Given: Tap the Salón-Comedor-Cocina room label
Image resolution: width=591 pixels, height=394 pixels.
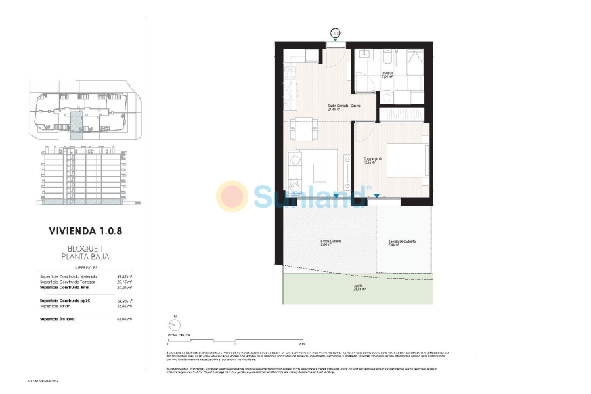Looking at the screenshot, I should [344, 107].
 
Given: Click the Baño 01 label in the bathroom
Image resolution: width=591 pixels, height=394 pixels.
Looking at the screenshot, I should [387, 74].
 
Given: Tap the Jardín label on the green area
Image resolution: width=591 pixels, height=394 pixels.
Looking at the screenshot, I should [358, 287].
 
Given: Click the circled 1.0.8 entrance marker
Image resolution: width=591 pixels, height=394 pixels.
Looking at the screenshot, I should [336, 32].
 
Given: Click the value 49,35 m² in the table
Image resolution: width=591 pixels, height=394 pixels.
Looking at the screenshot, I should [123, 276].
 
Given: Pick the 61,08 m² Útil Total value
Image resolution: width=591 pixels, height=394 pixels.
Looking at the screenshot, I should [123, 318].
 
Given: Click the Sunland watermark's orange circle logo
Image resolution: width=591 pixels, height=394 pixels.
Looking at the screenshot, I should [232, 195].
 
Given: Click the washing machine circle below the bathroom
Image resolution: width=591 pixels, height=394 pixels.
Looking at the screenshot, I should [387, 98].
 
